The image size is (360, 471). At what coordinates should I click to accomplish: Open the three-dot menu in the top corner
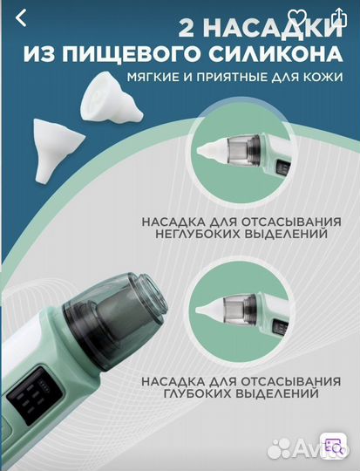tap(338, 18)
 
